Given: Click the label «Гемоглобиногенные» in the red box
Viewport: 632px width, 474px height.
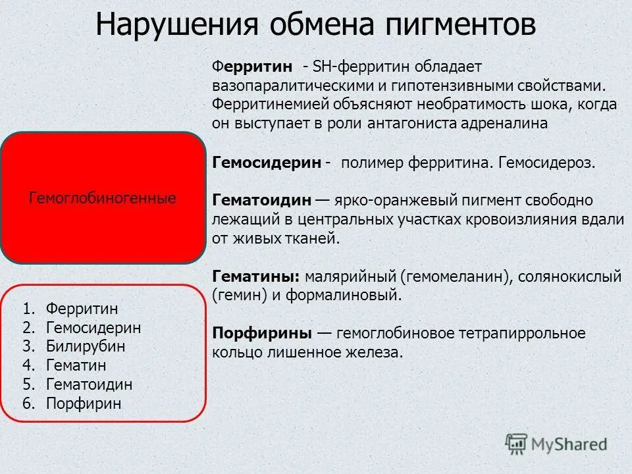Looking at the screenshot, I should point(103,198).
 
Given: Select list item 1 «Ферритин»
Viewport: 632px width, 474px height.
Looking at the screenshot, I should point(82,309).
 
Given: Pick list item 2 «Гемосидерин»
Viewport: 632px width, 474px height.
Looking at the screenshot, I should point(93,328).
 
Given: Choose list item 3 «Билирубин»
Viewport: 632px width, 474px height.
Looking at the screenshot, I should point(86,346).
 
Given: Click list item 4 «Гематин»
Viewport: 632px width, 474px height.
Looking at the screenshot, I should point(76,365).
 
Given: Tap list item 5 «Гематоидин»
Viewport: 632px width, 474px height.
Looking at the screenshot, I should point(89,384).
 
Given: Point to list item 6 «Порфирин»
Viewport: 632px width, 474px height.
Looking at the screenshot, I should point(84,404).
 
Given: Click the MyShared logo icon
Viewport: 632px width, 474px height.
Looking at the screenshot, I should point(516,443).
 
